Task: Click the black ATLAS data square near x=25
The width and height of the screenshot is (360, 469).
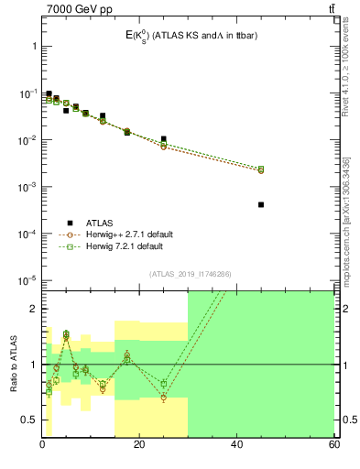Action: click(x=164, y=139)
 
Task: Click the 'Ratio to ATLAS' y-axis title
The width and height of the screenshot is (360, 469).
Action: click(x=14, y=364)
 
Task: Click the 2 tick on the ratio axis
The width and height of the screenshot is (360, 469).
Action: click(x=33, y=309)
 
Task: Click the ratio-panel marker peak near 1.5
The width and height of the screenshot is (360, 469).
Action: click(x=66, y=334)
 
